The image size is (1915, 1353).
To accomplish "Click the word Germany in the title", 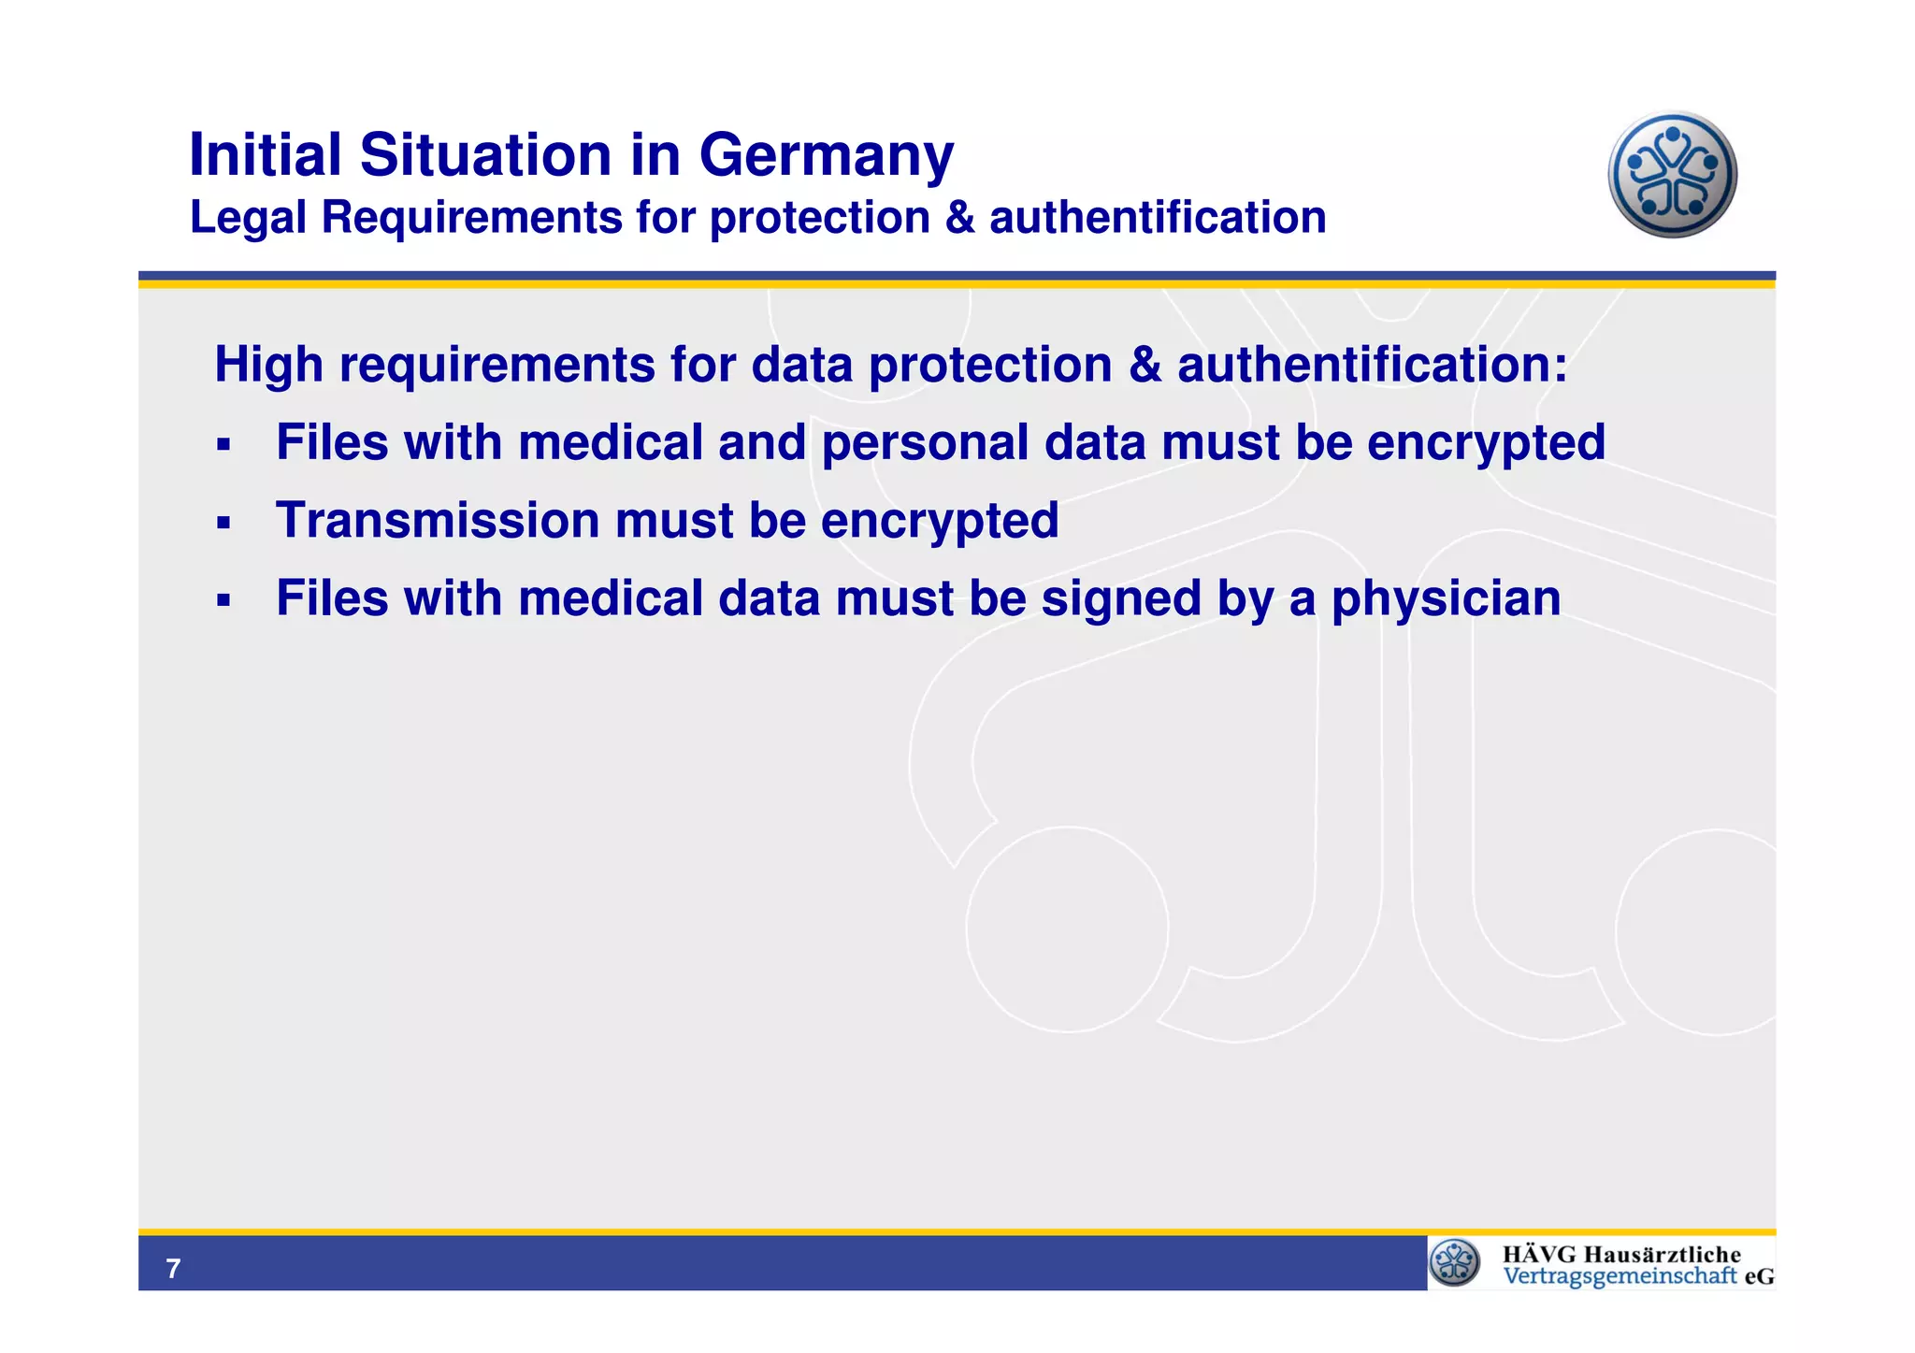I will (826, 156).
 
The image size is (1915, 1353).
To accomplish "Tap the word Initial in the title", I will (266, 154).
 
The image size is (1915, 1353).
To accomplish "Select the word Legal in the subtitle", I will (248, 219).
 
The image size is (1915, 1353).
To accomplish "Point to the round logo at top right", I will (1672, 175).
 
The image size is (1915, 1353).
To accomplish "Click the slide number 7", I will (173, 1269).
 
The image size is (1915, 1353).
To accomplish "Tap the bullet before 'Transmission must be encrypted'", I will (223, 522).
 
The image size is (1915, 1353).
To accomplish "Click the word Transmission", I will (438, 520).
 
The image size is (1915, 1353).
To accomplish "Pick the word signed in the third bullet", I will (1121, 599).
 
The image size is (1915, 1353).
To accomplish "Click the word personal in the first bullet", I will (925, 443).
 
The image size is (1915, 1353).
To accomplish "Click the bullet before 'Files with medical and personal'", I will (223, 444).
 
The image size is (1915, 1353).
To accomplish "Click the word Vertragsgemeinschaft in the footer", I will (1620, 1276).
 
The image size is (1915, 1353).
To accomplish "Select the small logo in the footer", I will (1455, 1262).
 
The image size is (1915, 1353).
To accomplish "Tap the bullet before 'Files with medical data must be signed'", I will (223, 600).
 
